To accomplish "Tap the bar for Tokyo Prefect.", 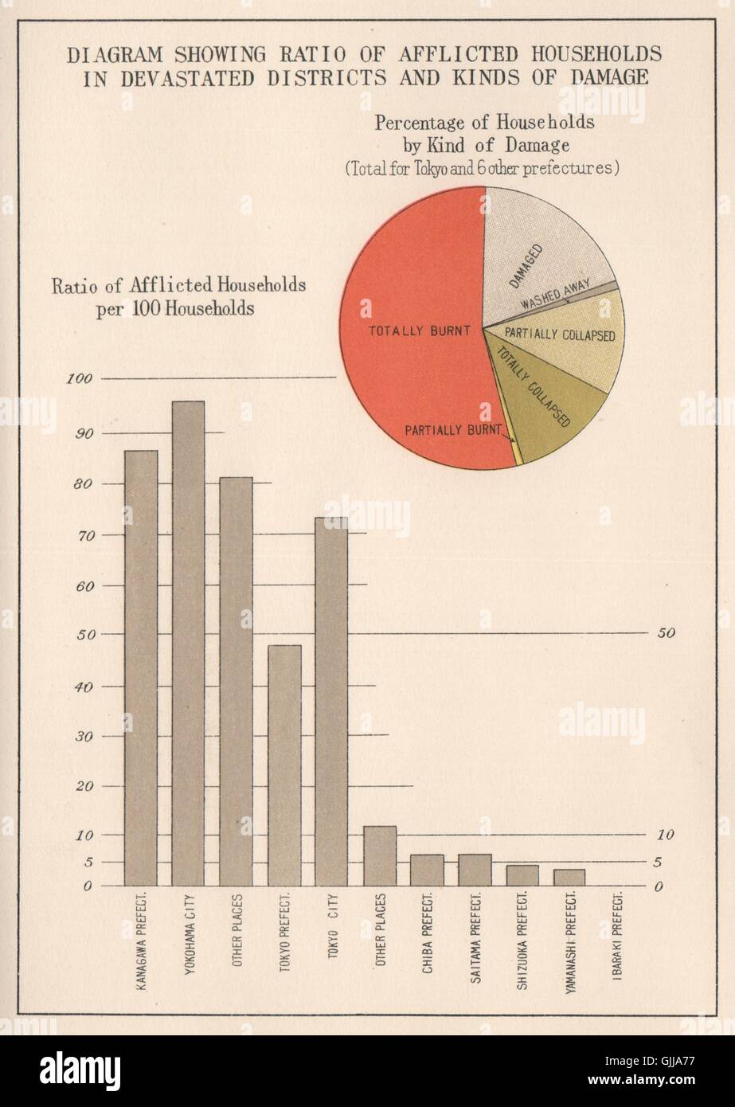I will (x=284, y=765).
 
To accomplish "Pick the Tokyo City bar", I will (x=331, y=701).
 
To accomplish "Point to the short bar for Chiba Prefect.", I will (x=427, y=870).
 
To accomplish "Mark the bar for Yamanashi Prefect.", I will (x=569, y=877).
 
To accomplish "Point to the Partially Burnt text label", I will (x=452, y=430).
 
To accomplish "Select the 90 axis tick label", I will (x=84, y=433).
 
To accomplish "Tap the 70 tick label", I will (x=84, y=535).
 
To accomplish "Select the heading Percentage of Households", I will (x=485, y=123).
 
